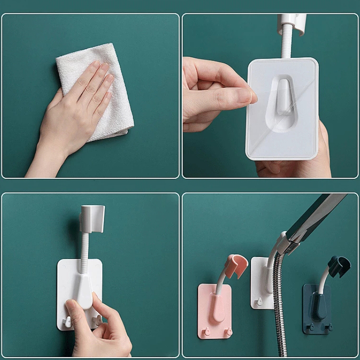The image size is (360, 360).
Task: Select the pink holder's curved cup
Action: coord(236,265)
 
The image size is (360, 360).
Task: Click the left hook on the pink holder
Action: coord(206,331)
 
